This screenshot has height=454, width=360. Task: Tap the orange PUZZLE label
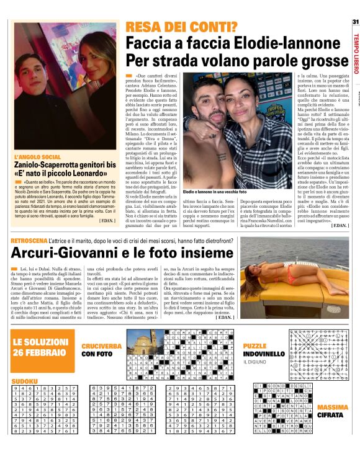tap(255, 345)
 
